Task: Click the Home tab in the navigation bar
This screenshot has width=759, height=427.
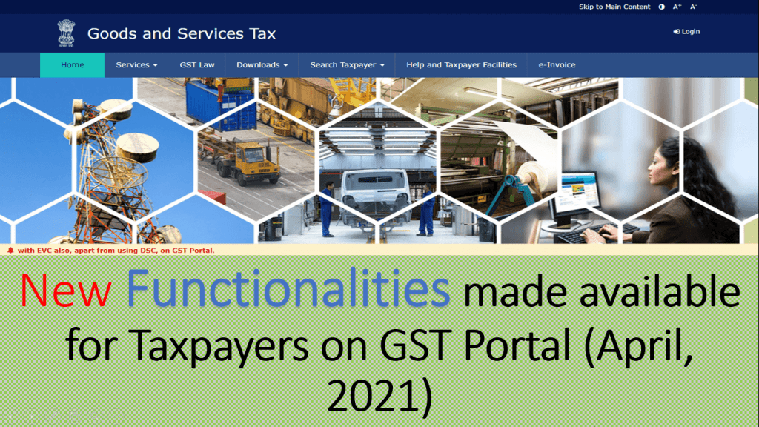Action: (73, 65)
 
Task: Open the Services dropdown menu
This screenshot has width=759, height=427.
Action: (136, 65)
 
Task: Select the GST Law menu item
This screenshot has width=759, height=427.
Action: (197, 65)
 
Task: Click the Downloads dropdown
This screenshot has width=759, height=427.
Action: (262, 65)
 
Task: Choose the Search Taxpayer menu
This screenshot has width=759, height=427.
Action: (347, 65)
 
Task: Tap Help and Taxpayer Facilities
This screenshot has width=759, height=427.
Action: (461, 65)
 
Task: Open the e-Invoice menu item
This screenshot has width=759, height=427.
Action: (557, 65)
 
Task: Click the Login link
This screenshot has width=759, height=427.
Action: (686, 32)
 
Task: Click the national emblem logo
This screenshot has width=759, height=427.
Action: (67, 33)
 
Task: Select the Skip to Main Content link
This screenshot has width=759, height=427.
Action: (614, 7)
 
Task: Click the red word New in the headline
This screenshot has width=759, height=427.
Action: (65, 291)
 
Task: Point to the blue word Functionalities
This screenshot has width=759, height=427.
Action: (288, 291)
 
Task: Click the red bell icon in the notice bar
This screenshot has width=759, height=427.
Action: (10, 251)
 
